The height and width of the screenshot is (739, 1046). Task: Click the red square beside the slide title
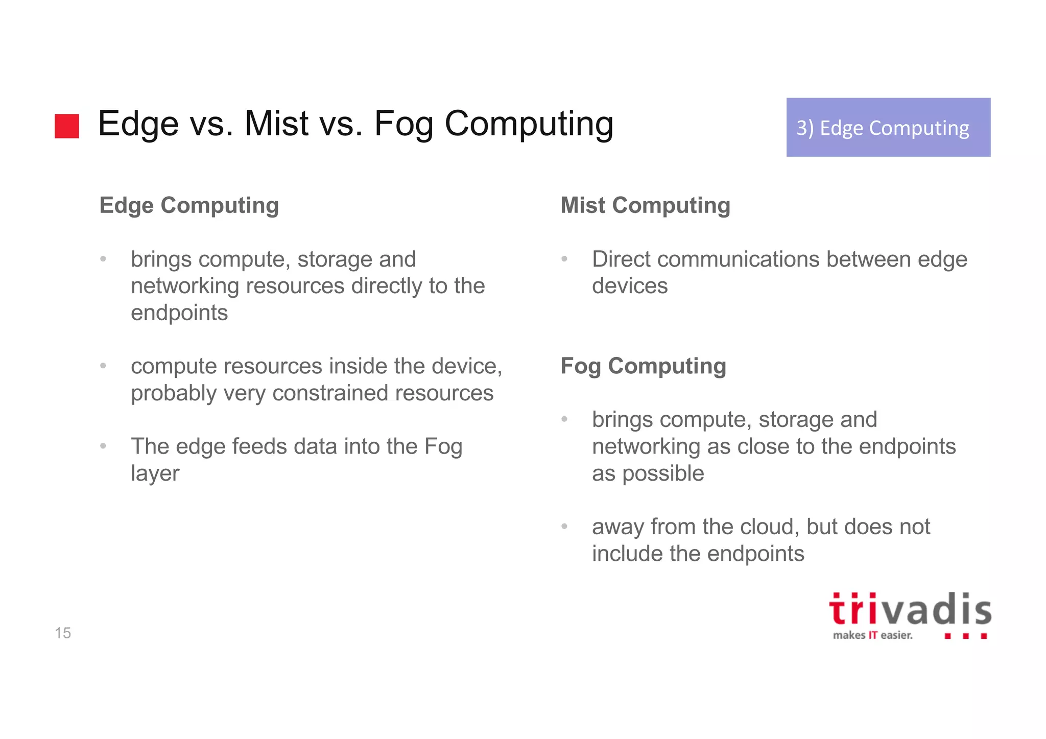click(x=67, y=126)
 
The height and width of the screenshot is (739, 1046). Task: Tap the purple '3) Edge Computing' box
click(x=888, y=128)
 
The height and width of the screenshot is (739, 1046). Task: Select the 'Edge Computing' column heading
click(x=189, y=206)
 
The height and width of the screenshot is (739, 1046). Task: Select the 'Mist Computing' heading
click(x=645, y=206)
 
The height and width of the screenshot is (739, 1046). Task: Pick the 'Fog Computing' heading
click(x=643, y=366)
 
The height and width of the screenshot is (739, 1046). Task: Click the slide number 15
click(x=63, y=633)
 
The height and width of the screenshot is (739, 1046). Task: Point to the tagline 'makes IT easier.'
click(x=872, y=635)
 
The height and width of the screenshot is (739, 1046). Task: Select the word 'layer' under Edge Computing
click(x=155, y=474)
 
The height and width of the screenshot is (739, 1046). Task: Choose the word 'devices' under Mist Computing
click(x=629, y=287)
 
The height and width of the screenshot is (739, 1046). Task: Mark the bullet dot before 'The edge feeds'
click(x=103, y=446)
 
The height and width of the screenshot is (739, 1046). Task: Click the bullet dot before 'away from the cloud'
click(x=564, y=527)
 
